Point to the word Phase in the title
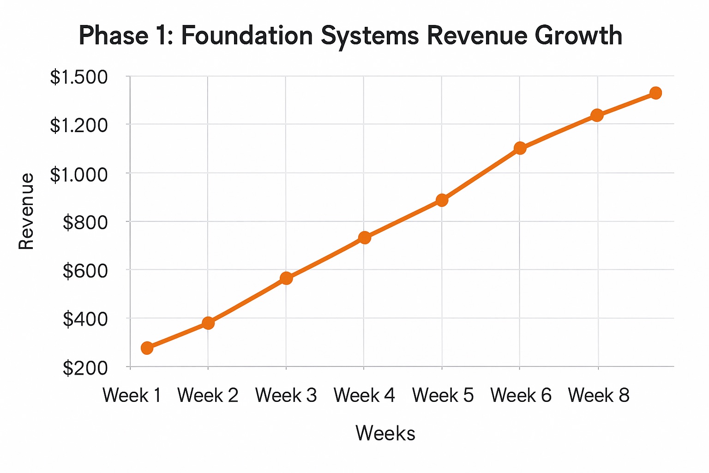click(x=113, y=36)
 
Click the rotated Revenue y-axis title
click(x=26, y=212)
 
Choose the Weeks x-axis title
click(x=385, y=433)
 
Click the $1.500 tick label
click(x=78, y=77)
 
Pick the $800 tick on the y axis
click(x=85, y=223)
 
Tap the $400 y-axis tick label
click(x=85, y=319)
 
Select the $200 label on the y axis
click(x=85, y=368)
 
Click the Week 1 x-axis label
click(x=132, y=395)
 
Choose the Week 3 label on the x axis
click(x=286, y=395)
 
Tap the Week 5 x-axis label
click(x=443, y=395)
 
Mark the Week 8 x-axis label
click(x=599, y=395)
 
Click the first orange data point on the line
click(x=147, y=348)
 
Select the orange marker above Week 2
click(x=208, y=322)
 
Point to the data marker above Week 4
click(x=365, y=237)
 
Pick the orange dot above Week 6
click(x=520, y=148)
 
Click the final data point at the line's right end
click(x=655, y=93)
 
